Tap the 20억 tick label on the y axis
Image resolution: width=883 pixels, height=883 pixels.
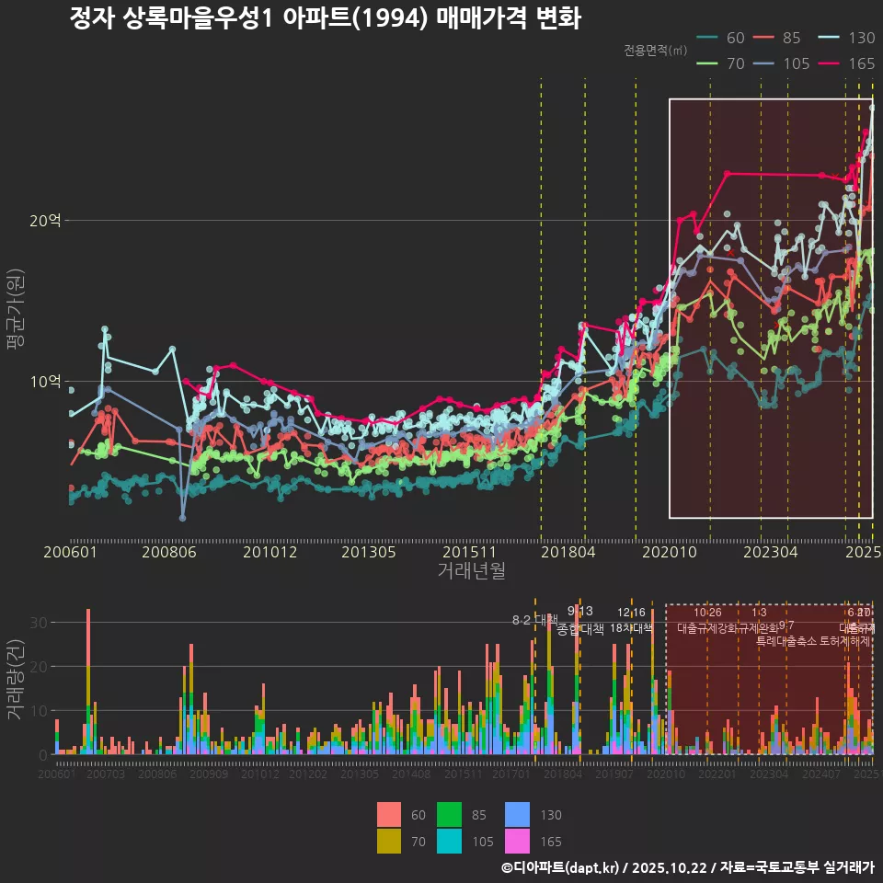pos(45,220)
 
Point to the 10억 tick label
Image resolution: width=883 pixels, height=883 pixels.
pos(45,381)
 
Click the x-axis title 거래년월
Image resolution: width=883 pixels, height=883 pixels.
pos(471,571)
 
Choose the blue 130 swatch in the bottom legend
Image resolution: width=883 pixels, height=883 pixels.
pos(518,815)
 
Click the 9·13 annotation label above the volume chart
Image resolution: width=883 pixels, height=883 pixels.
pos(579,611)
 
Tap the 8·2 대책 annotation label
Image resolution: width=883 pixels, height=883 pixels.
pos(534,619)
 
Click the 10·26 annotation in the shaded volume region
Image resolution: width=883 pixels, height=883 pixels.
pos(706,613)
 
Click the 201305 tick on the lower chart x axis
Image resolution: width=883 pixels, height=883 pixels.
pos(360,774)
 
